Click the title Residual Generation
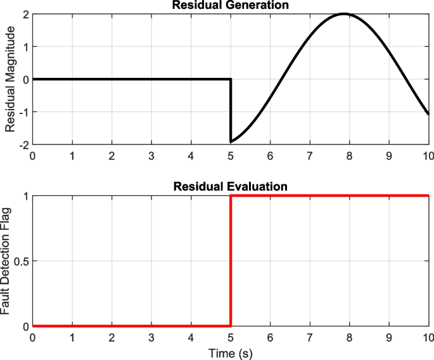coord(230,5)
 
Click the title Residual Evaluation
coord(230,186)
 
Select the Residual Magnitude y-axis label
coord(10,79)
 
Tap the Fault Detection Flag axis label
coord(6,260)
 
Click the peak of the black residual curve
coord(344,14)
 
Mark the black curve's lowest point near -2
coord(231,141)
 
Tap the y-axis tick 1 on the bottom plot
coord(24,196)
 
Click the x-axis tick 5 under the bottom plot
coord(231,337)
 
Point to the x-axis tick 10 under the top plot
coord(428,156)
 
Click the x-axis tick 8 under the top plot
coord(350,156)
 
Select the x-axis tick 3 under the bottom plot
coord(151,337)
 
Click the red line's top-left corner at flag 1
coord(231,196)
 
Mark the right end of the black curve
coord(429,114)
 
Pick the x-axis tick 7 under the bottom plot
coord(310,337)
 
